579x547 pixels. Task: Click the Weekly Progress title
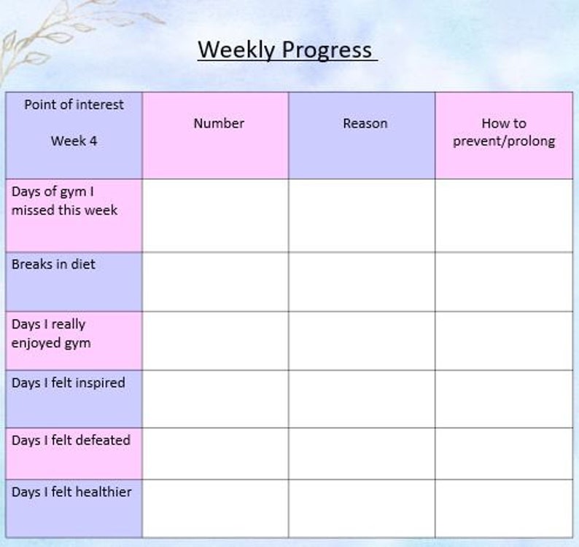coord(287,50)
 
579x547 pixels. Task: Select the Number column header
coord(219,124)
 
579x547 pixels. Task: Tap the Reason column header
coord(365,124)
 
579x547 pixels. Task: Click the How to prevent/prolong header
coord(504,133)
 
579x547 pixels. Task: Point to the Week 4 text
coord(74,141)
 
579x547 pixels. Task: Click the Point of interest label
coord(74,105)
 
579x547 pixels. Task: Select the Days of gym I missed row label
coord(64,201)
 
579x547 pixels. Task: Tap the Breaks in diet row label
coord(53,264)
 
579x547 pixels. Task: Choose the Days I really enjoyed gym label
coord(51,333)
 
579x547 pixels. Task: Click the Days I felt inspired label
coord(68,383)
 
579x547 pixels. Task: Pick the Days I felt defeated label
coord(71,441)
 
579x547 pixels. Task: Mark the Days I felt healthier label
coord(71,492)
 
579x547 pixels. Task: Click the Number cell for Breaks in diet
coord(216,282)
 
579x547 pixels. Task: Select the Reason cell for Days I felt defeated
coord(362,453)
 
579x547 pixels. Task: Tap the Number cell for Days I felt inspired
coord(216,398)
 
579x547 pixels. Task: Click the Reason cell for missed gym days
coord(362,216)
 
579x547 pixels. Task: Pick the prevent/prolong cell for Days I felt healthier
coord(504,508)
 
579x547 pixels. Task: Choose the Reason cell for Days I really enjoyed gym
coord(362,340)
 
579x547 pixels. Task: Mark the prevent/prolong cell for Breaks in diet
coord(504,282)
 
